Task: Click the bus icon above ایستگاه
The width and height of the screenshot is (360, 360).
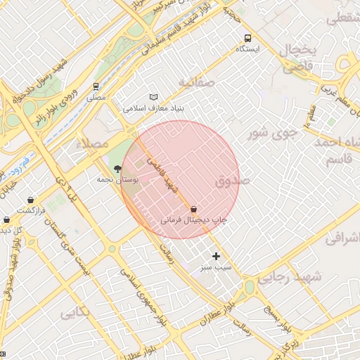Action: point(247,38)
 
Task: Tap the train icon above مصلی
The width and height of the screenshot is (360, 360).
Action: point(96,86)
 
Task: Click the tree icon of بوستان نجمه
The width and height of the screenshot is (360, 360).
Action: point(117,169)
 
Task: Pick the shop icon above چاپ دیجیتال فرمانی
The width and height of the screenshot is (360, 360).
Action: point(193,209)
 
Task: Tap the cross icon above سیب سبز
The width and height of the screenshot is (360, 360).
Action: point(216,256)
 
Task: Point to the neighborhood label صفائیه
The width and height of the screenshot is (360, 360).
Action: point(195,82)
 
